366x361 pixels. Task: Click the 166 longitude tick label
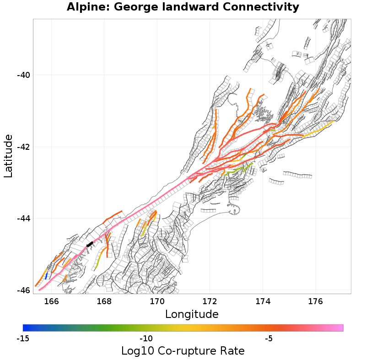coord(52,301)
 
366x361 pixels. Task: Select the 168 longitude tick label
coord(104,301)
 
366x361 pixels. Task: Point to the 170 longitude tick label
coord(157,301)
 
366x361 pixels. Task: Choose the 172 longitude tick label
coord(210,301)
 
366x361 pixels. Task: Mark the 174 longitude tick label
coord(263,301)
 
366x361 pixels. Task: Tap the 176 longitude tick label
coord(315,301)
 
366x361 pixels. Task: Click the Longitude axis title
coord(192,314)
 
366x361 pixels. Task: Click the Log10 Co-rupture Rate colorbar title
coord(183,351)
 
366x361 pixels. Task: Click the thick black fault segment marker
coord(90,244)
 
